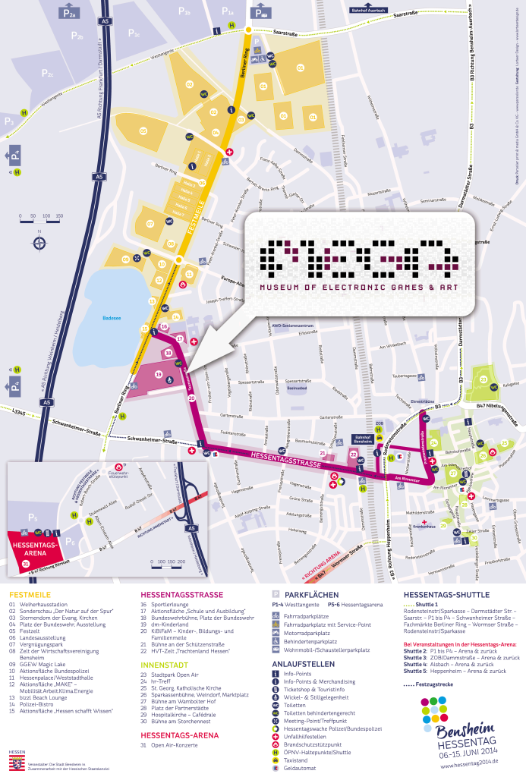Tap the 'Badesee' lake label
click(x=113, y=319)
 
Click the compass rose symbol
click(x=39, y=243)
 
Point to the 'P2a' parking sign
click(x=71, y=13)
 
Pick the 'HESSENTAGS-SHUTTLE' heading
click(x=446, y=595)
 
